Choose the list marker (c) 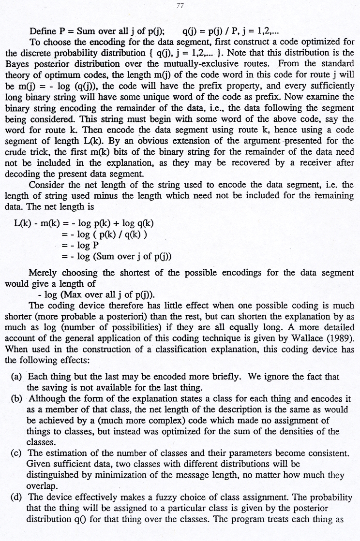17,453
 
